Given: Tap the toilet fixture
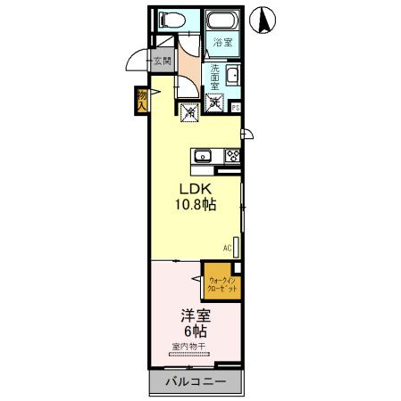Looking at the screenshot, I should coord(167,20).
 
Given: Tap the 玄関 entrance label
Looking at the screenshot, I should coord(161,61).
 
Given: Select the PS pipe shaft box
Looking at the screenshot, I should coord(236,107).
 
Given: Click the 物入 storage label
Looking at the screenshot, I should coord(142,99).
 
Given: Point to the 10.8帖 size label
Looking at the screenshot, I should coord(197,204).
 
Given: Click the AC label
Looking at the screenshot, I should coord(226,247).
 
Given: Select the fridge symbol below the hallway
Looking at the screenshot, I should coord(189,113).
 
